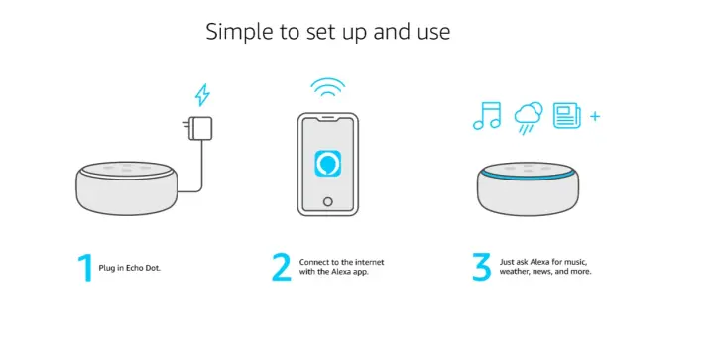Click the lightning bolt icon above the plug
202,95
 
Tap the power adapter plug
198,128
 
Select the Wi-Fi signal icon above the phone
328,87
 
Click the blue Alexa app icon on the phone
328,165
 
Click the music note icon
487,116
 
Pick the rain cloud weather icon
529,118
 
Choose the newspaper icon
567,116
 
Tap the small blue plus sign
595,116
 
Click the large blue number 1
85,268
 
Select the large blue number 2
282,267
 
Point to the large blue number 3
481,267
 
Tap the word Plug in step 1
106,268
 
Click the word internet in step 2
369,262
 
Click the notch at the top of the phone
328,118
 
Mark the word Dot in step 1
152,268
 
